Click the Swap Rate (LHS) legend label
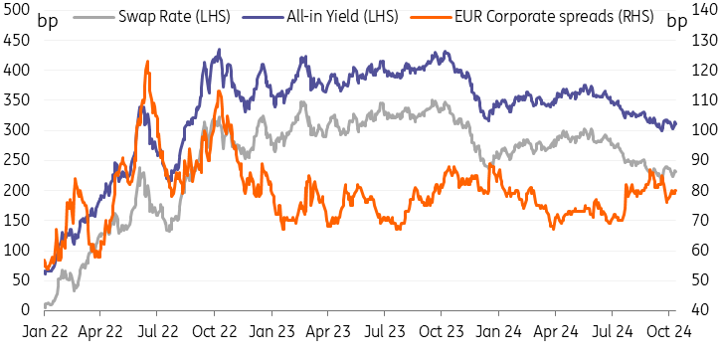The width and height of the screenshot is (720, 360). click(x=174, y=18)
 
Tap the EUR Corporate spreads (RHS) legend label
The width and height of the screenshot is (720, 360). click(x=554, y=18)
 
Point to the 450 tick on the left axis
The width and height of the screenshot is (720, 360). click(x=16, y=41)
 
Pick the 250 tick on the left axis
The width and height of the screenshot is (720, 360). click(x=16, y=161)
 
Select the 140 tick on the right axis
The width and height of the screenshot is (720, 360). click(x=703, y=11)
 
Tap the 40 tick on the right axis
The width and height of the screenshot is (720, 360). click(x=699, y=310)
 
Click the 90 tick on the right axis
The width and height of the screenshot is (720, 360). click(x=699, y=161)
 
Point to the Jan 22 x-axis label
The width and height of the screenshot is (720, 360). click(x=45, y=331)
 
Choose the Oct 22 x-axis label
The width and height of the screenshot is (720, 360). click(x=214, y=331)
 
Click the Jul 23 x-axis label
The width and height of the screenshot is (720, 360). click(x=384, y=331)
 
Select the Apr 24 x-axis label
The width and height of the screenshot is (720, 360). click(x=555, y=331)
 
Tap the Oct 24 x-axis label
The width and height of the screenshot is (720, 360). click(x=668, y=331)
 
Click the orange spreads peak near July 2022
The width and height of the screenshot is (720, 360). click(x=147, y=62)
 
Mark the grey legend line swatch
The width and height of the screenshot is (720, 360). click(x=93, y=17)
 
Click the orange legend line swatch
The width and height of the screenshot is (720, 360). click(x=430, y=17)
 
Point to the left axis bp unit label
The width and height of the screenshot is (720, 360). click(x=48, y=21)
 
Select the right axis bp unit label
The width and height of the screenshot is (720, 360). click(x=676, y=21)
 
